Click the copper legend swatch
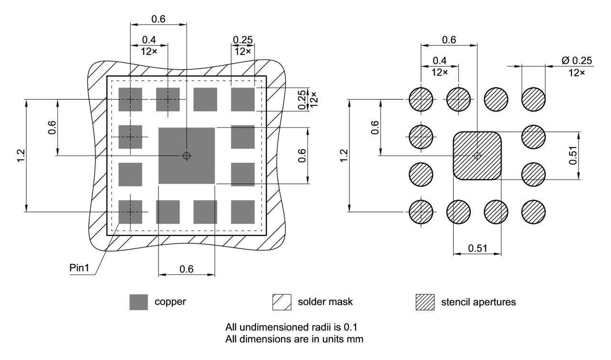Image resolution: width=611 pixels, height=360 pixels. click(139, 302)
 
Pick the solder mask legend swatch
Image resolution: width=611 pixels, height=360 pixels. click(282, 302)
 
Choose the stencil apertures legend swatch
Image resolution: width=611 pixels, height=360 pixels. click(425, 302)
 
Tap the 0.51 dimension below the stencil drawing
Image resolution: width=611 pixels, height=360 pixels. click(477, 248)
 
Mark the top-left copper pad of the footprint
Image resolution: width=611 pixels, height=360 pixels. click(130, 99)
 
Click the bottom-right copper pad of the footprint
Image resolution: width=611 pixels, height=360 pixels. click(243, 212)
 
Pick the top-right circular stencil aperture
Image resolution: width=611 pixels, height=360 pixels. click(533, 99)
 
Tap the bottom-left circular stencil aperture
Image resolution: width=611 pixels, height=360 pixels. click(421, 212)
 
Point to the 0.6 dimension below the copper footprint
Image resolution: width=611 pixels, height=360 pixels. click(186, 269)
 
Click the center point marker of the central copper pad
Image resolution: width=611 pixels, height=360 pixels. click(187, 156)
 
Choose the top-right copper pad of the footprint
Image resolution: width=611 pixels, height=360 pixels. click(243, 99)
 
